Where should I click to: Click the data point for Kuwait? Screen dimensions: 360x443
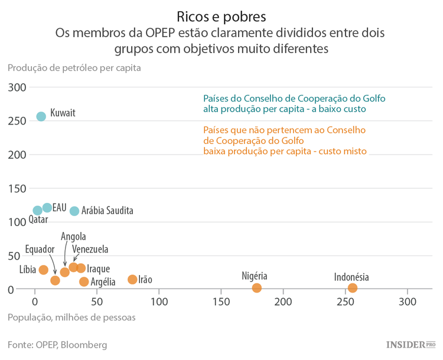(41, 116)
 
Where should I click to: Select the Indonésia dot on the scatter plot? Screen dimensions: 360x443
(353, 288)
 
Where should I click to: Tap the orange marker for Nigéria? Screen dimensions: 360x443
(256, 288)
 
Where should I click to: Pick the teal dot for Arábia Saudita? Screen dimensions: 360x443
(74, 211)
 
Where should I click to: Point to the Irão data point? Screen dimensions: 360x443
(132, 279)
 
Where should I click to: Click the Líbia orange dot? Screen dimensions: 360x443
(43, 270)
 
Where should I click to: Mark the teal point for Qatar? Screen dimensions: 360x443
(38, 210)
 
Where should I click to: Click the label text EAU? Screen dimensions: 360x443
(59, 208)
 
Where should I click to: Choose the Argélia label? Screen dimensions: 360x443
(103, 282)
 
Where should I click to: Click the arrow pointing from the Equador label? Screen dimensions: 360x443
(52, 264)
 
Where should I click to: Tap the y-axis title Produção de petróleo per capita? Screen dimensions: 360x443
(74, 67)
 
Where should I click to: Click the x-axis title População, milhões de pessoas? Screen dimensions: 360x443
(71, 318)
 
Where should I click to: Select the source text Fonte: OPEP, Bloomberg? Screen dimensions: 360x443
(57, 344)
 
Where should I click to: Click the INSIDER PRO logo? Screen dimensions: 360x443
(411, 344)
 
